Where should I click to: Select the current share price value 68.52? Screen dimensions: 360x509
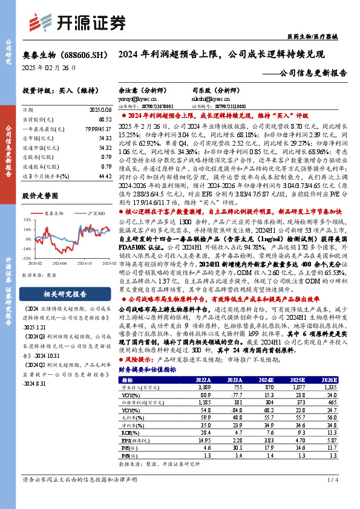[x=104, y=120]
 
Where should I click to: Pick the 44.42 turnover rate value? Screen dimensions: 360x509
[x=104, y=175]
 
